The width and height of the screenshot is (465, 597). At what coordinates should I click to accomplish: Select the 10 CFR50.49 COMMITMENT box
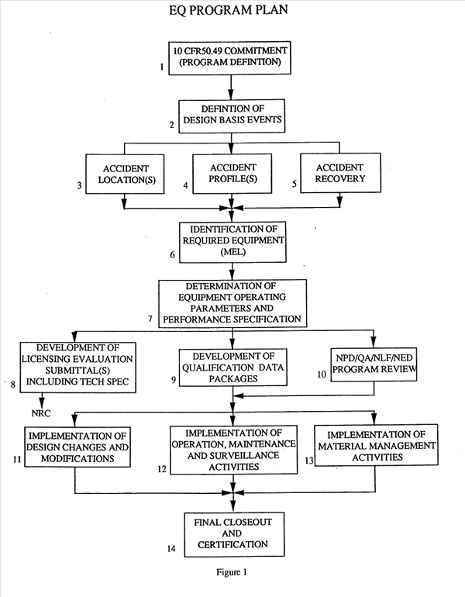[233, 57]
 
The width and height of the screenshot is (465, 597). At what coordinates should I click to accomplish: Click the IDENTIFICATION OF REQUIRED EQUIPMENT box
[233, 241]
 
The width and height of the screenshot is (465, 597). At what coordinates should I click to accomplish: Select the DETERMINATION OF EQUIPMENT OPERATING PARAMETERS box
[233, 303]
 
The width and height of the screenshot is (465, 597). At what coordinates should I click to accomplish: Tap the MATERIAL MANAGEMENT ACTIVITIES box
[374, 446]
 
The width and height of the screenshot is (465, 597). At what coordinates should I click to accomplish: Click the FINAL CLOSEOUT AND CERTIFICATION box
[233, 532]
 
